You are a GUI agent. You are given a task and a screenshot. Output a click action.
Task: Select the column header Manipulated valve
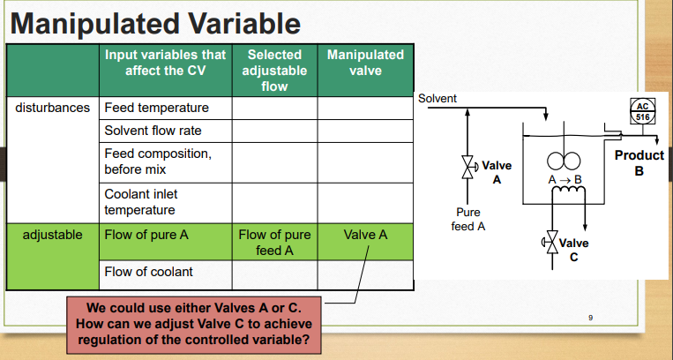pos(365,62)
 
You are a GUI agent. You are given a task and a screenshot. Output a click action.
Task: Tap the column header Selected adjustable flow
pos(274,71)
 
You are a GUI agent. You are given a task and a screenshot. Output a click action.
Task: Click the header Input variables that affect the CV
pos(165,62)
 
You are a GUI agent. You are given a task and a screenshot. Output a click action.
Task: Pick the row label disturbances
pos(52,108)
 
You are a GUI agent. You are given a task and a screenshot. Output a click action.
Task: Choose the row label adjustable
pos(52,236)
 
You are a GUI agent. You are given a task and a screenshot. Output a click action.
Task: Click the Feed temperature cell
pos(156,108)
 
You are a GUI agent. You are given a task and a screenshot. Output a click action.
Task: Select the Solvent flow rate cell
pos(153,131)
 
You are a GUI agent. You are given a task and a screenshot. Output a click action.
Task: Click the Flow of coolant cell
pos(147,271)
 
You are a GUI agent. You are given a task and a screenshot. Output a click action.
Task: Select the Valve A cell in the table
pos(365,236)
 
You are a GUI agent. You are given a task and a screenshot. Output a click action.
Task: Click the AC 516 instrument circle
pos(643,112)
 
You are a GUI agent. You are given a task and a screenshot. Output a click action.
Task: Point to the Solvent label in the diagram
pos(437,98)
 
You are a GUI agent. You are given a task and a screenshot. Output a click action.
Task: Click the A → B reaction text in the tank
pos(565,180)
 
